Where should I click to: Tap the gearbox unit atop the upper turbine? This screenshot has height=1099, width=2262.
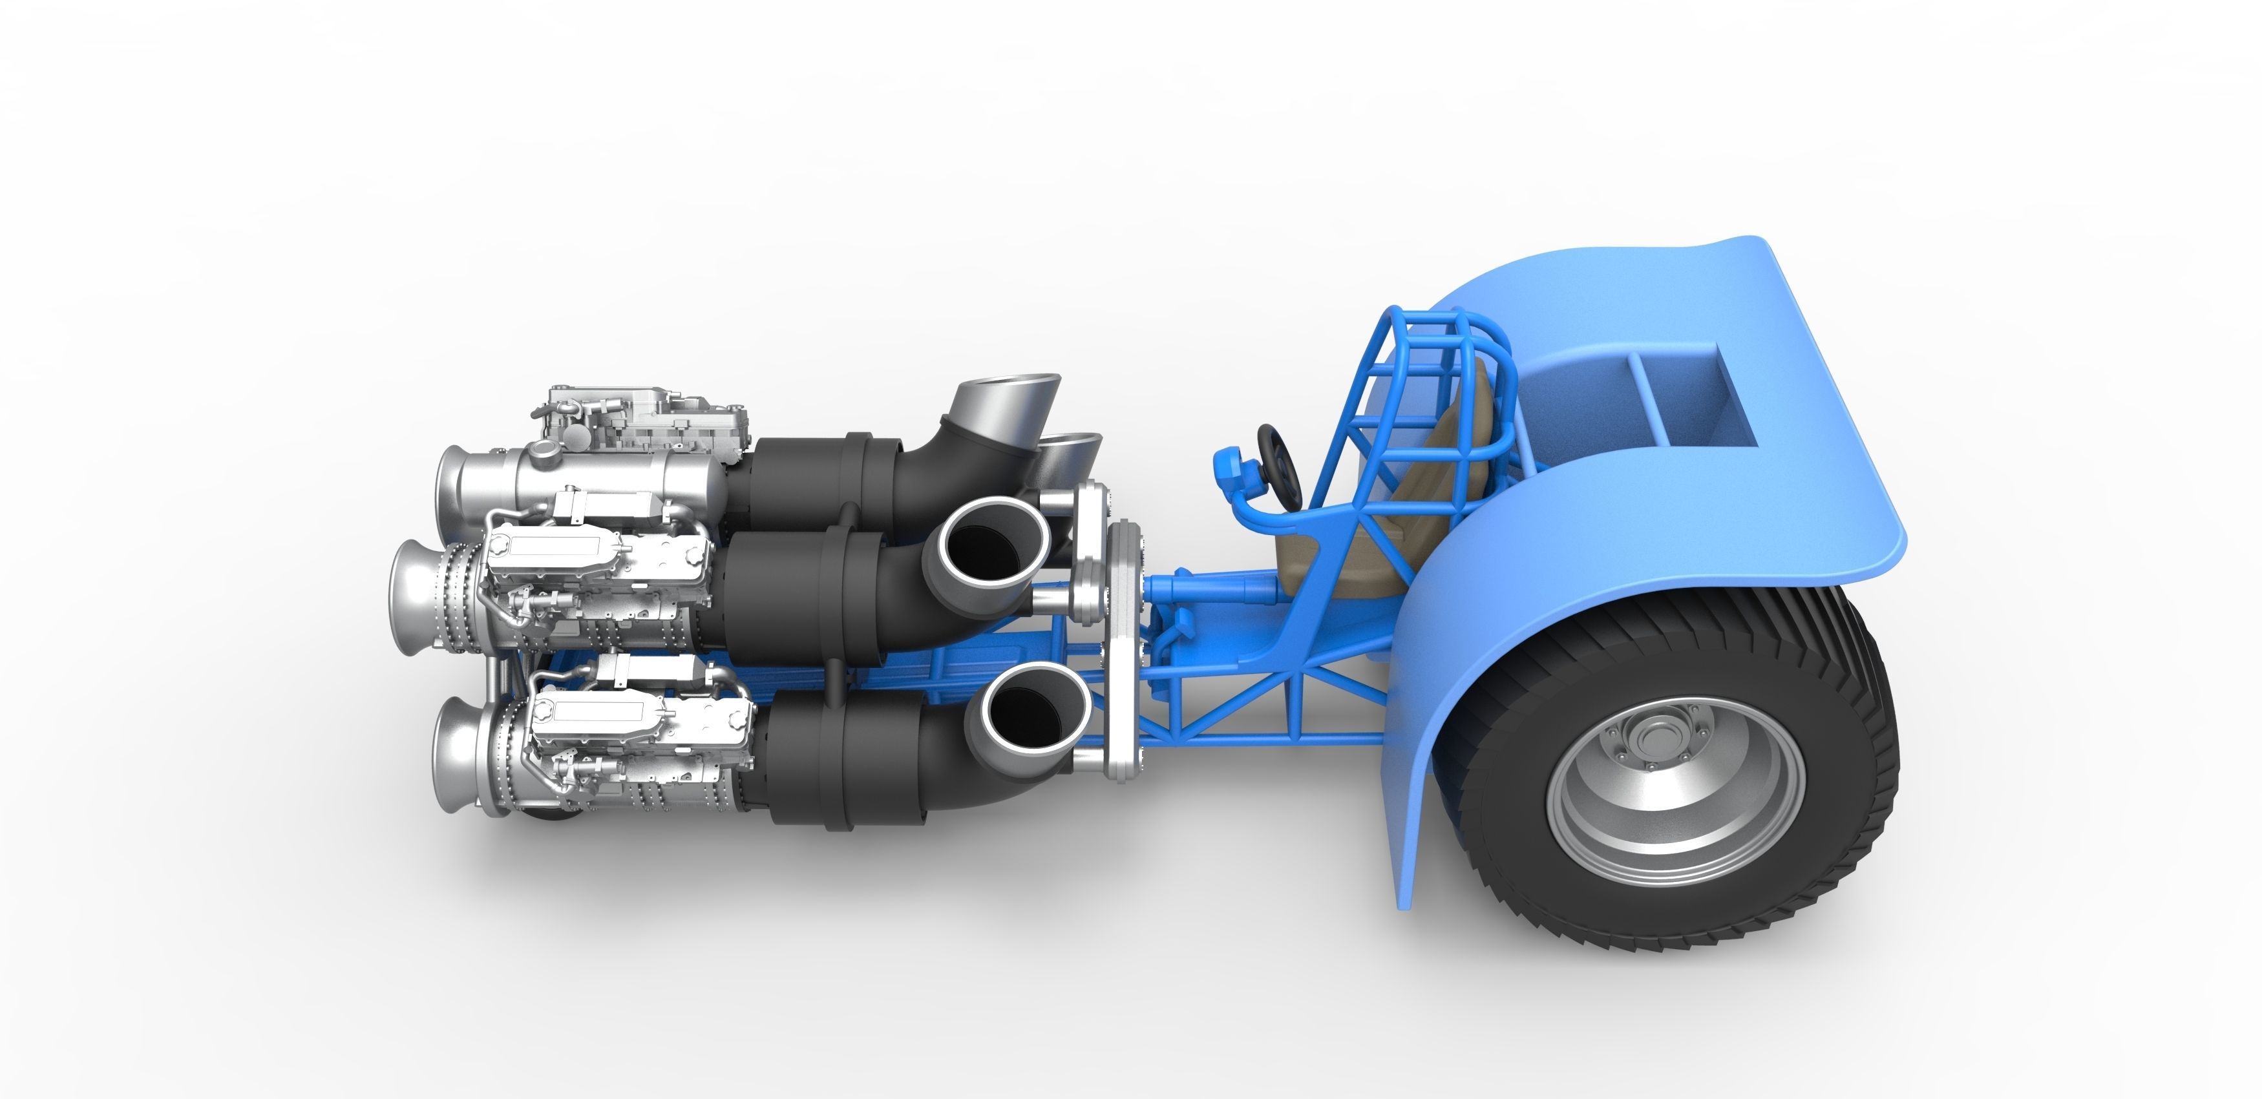click(650, 421)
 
